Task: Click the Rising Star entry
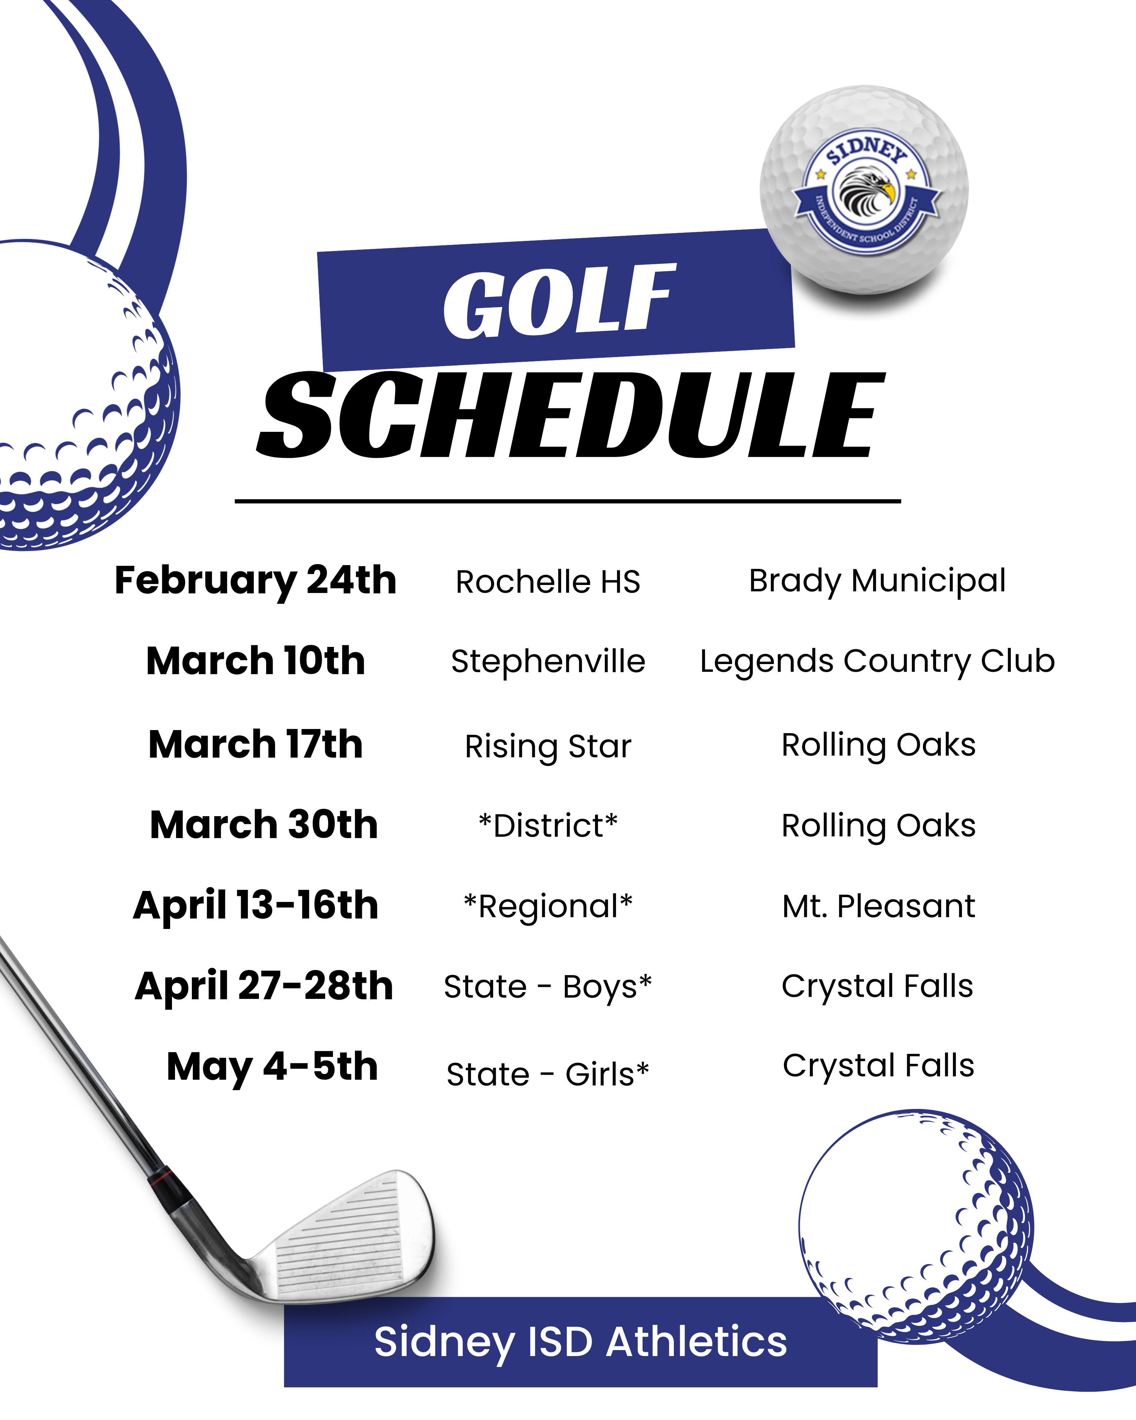click(548, 746)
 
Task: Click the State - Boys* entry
click(548, 986)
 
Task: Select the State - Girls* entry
click(548, 1074)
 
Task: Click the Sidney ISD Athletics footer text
click(580, 1342)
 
